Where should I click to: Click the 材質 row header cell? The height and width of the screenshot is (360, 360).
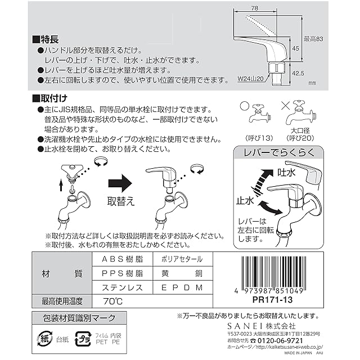point(61,273)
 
